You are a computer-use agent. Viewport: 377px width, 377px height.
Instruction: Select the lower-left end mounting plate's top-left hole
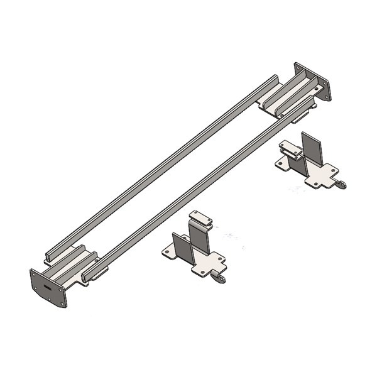[34, 275]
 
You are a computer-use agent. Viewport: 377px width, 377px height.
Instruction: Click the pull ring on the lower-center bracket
[220, 278]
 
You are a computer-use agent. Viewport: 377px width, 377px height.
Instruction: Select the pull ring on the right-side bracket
[341, 183]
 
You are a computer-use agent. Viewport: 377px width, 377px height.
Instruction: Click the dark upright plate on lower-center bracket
[182, 246]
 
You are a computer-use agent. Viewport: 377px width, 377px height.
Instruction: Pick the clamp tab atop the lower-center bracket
[201, 217]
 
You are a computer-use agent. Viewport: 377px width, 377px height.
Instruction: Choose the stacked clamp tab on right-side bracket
[290, 148]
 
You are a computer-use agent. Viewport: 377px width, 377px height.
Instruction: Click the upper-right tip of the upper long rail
[275, 78]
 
